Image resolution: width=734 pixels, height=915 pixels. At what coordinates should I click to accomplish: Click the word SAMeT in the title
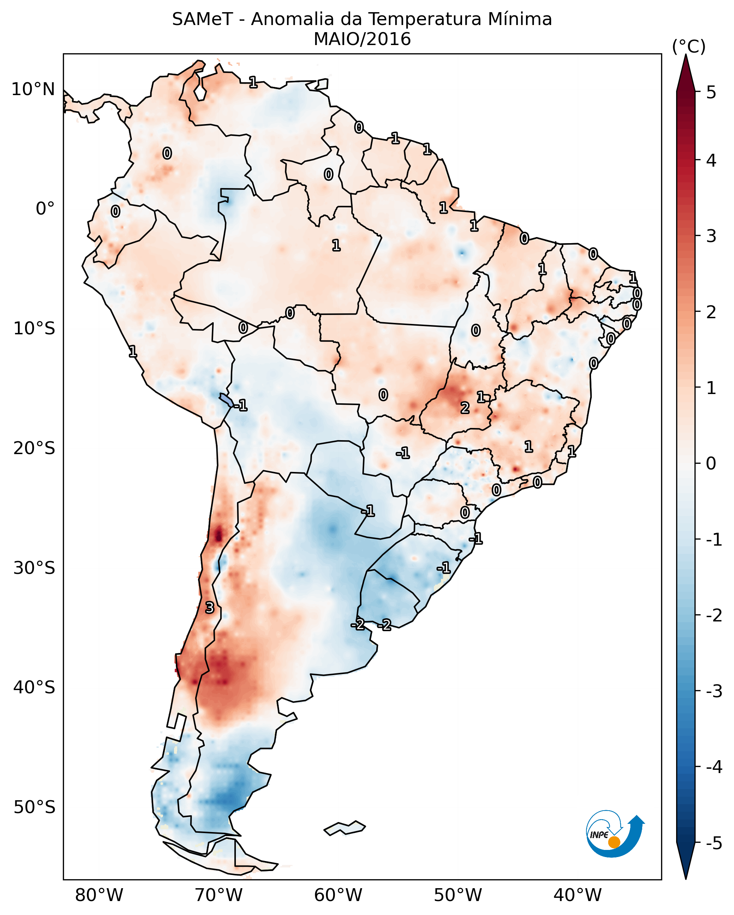(x=202, y=20)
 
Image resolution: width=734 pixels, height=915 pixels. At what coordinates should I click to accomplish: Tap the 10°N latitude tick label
(x=33, y=89)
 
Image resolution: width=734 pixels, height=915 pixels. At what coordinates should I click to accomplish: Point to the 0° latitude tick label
(x=45, y=209)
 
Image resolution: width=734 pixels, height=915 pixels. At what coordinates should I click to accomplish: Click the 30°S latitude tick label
(x=34, y=568)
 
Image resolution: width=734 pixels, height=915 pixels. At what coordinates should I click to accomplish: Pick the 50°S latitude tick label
(x=34, y=807)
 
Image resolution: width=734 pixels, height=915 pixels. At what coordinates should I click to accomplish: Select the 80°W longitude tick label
(x=99, y=895)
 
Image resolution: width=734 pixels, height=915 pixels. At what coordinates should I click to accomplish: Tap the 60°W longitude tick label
(x=338, y=895)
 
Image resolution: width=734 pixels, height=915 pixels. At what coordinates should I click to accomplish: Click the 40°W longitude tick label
(x=577, y=895)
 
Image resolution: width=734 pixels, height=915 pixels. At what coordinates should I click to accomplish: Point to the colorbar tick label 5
(x=711, y=92)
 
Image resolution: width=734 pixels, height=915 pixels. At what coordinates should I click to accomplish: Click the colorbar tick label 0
(x=711, y=463)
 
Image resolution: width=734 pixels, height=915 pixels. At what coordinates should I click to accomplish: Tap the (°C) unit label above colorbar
(x=689, y=47)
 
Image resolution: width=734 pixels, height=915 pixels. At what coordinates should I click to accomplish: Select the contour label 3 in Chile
(x=209, y=608)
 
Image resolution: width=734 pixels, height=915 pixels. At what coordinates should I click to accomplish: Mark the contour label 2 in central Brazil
(x=465, y=408)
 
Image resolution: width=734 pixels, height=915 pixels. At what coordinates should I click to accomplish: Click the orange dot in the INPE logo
(x=614, y=842)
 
